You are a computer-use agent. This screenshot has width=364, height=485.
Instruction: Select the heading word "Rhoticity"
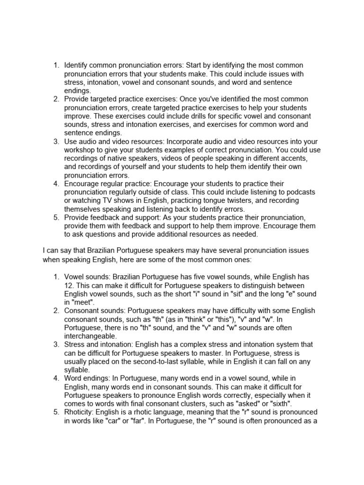pyautogui.click(x=80, y=412)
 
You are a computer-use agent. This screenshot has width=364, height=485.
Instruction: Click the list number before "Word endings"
pyautogui.click(x=56, y=377)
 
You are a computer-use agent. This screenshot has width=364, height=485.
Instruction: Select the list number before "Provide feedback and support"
pyautogui.click(x=56, y=217)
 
